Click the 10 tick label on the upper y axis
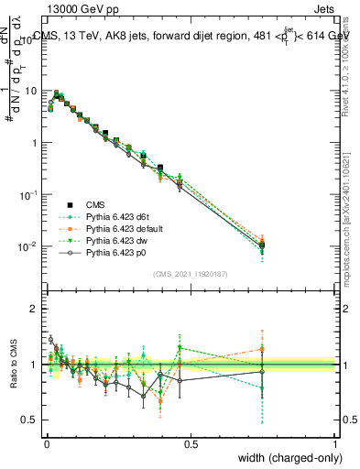click(x=30, y=91)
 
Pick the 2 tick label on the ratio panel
click(x=35, y=309)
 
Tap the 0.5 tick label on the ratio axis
click(x=30, y=420)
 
